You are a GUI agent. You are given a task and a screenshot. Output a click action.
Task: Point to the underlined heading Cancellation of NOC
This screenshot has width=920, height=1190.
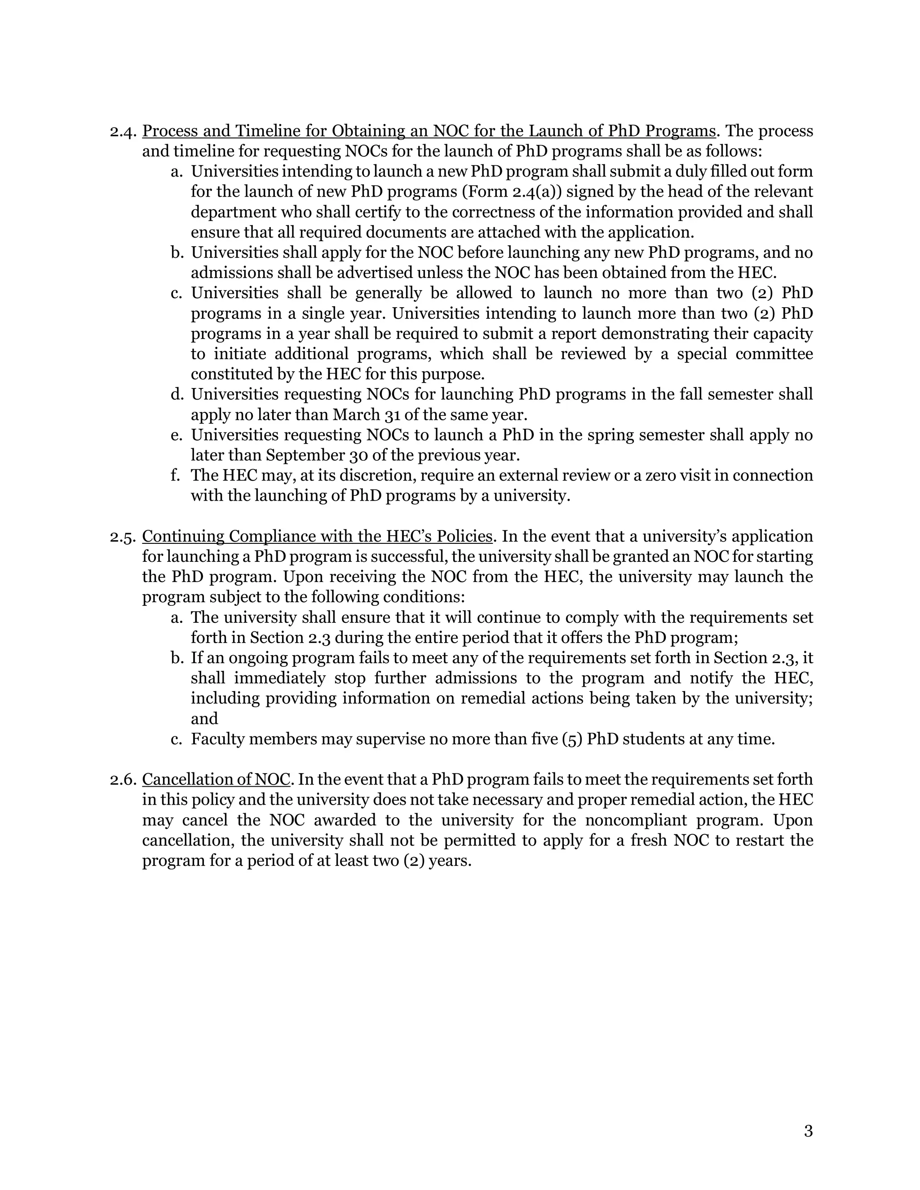click(216, 780)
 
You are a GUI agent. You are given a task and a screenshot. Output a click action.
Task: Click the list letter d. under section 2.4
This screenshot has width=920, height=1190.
click(176, 394)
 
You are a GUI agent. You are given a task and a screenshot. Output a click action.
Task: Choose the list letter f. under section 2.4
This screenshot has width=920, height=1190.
click(176, 475)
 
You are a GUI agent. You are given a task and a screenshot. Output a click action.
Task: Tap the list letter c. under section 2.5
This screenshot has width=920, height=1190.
click(176, 740)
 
